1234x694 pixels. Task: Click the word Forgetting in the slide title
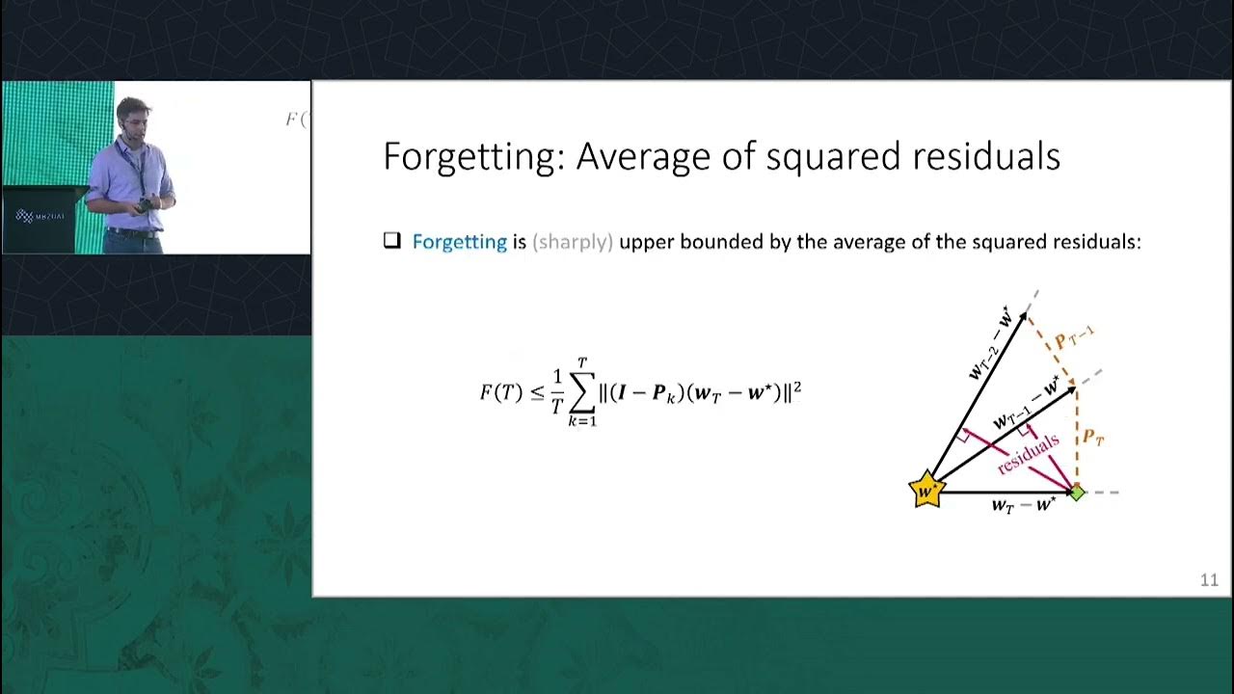(472, 157)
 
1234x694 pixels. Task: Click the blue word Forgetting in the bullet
(459, 242)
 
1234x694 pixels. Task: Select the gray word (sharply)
(573, 242)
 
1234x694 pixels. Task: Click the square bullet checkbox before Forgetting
(391, 241)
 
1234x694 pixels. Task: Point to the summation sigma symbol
(581, 392)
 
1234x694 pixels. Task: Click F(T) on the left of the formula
(500, 392)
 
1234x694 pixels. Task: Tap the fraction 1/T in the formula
(556, 392)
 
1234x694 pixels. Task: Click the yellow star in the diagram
(926, 490)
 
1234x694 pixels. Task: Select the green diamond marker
(1077, 493)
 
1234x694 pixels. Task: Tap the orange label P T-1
(1073, 337)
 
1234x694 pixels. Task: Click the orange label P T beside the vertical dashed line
(1092, 437)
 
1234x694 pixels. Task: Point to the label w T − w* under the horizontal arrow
(1025, 505)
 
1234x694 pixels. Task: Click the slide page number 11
(1209, 580)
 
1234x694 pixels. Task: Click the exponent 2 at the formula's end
(797, 387)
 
